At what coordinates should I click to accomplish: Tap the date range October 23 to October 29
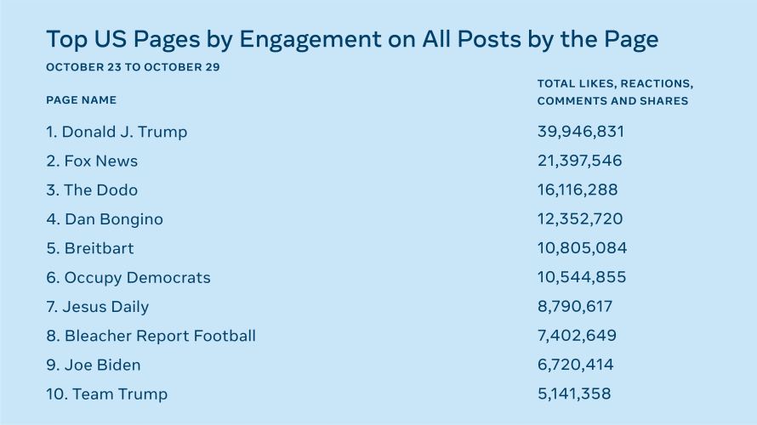(x=133, y=67)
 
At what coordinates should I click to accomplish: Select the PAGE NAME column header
(x=82, y=100)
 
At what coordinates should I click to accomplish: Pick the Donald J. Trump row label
(x=117, y=132)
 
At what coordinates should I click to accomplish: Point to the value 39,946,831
(x=581, y=132)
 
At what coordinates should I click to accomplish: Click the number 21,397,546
(x=580, y=161)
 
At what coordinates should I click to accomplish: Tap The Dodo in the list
(x=92, y=190)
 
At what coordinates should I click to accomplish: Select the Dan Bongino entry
(x=105, y=219)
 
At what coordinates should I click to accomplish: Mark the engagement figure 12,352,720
(x=580, y=219)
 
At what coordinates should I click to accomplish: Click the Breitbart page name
(x=90, y=248)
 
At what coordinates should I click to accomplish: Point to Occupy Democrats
(x=128, y=277)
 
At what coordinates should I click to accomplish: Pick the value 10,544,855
(x=582, y=277)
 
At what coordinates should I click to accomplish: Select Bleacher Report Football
(x=151, y=336)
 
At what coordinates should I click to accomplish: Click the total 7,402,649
(x=578, y=336)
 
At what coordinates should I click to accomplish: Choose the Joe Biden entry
(x=94, y=365)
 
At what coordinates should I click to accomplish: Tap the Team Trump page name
(x=107, y=394)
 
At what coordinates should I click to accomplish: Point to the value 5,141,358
(x=574, y=394)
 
